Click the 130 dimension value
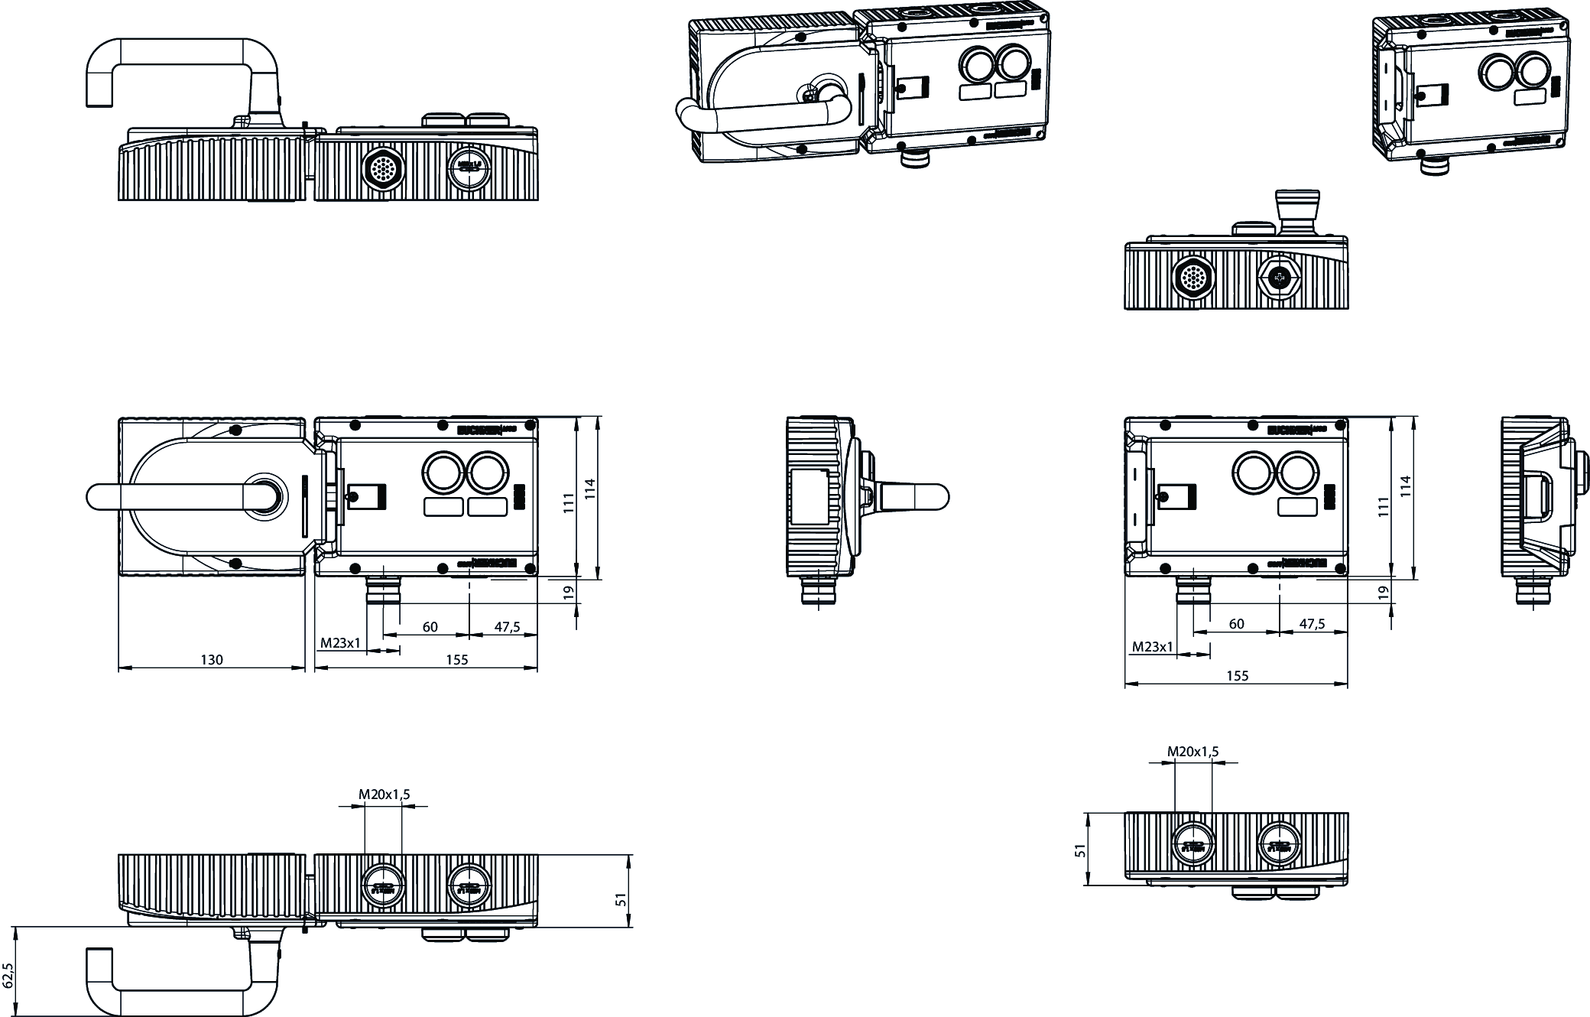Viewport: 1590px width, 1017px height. click(x=212, y=660)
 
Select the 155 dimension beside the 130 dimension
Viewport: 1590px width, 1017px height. click(x=456, y=660)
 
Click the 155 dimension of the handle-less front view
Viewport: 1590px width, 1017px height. click(x=1237, y=676)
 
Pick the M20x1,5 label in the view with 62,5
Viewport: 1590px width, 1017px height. click(x=385, y=794)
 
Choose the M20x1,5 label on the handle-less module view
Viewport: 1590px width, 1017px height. click(x=1192, y=752)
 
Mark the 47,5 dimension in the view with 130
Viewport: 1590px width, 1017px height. click(x=507, y=627)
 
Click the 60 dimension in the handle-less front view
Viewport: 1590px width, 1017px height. click(x=1236, y=624)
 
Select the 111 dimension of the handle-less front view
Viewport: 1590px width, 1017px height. click(x=1383, y=507)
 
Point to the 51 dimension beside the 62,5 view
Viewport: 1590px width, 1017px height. click(x=621, y=900)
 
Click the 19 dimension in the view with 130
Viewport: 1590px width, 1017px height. click(x=568, y=591)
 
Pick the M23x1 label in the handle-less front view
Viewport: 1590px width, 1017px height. click(x=1152, y=647)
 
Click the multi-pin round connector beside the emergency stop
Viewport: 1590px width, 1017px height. click(x=1194, y=278)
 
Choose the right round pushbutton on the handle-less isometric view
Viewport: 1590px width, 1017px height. click(x=1535, y=73)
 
